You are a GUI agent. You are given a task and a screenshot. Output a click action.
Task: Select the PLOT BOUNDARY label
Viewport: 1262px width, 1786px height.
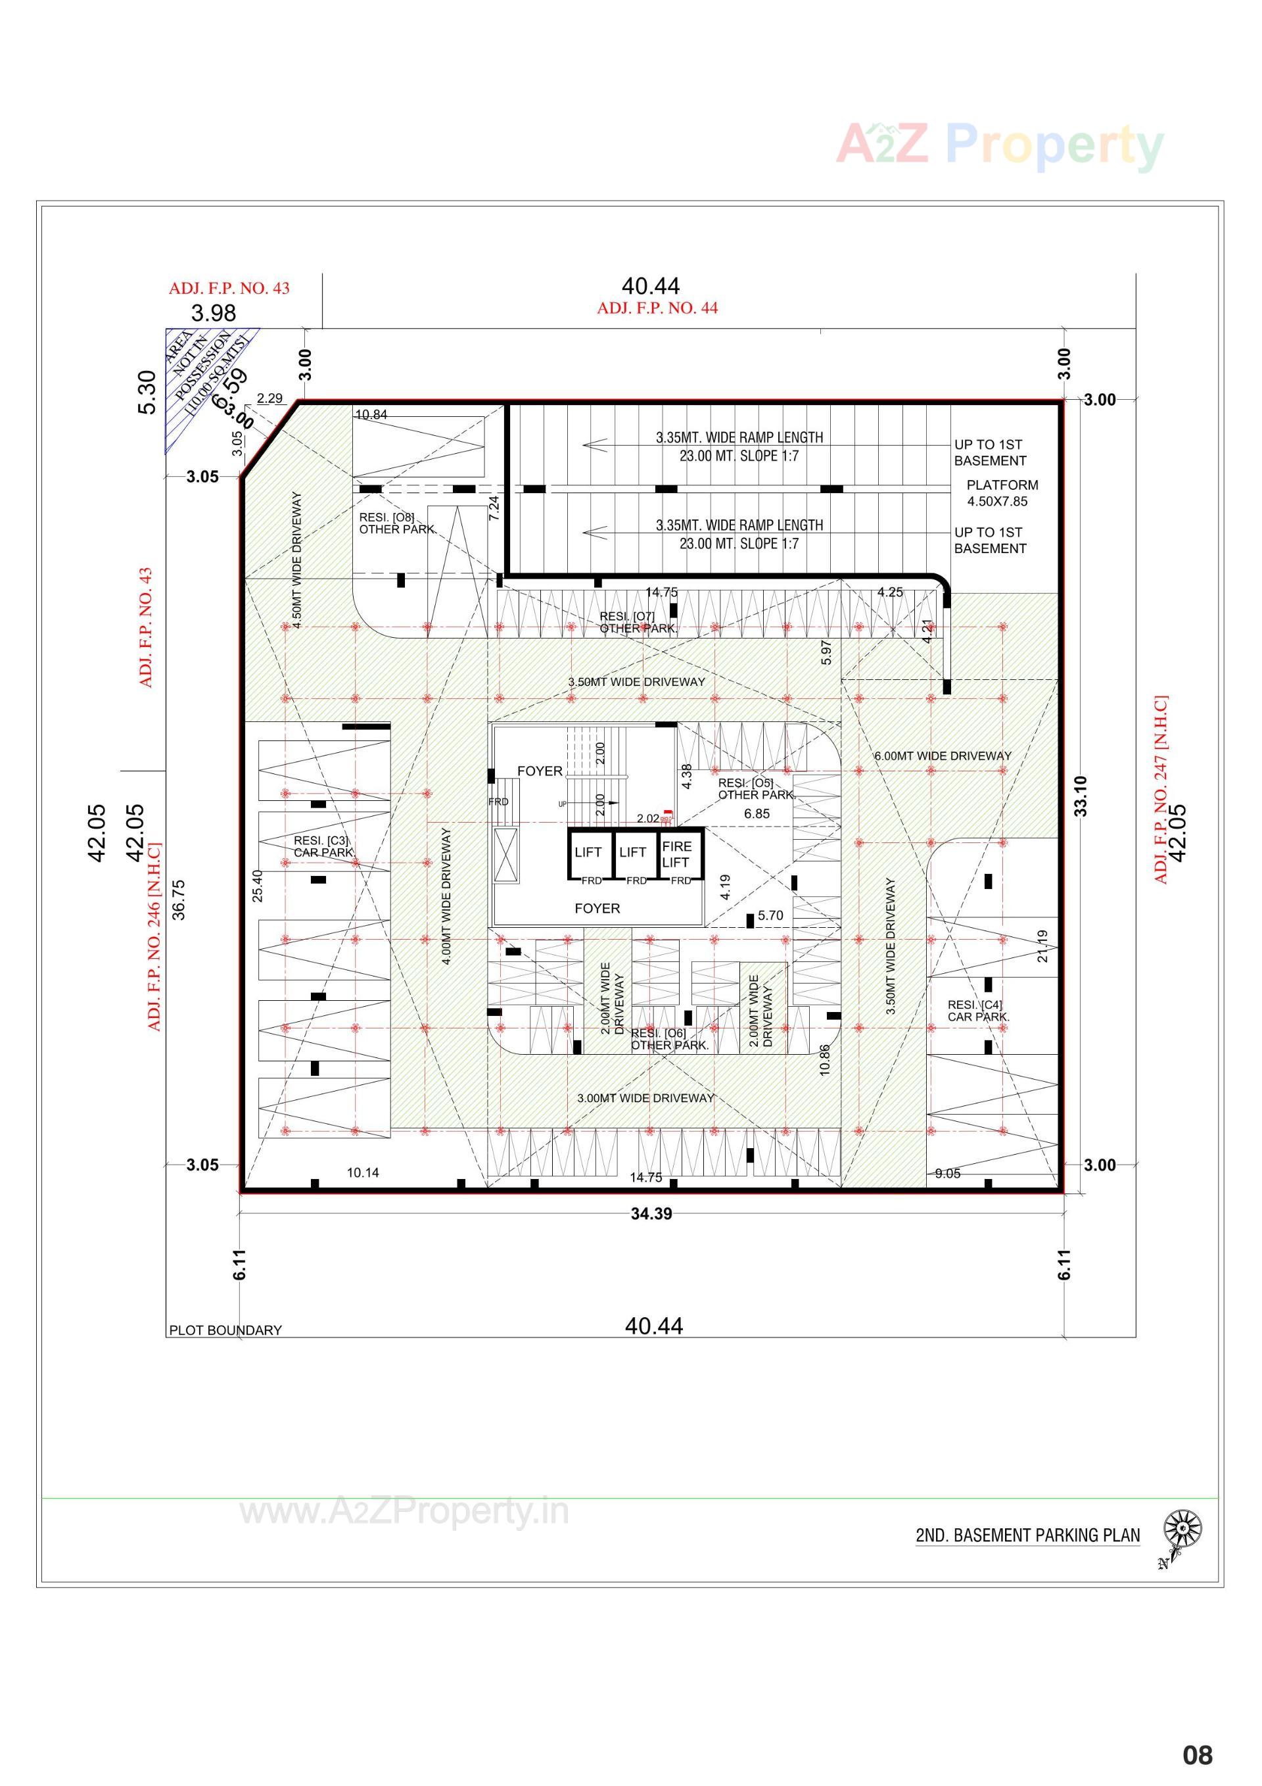coord(225,1330)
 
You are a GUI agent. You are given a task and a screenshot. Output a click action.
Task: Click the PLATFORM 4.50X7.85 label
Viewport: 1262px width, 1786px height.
coord(1002,493)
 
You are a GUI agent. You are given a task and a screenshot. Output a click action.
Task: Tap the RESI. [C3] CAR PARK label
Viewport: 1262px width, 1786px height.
coord(323,846)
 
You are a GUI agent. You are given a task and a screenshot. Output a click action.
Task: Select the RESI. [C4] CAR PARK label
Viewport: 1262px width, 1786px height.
coord(977,1011)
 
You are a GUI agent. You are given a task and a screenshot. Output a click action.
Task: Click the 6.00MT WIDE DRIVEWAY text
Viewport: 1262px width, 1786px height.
coord(943,756)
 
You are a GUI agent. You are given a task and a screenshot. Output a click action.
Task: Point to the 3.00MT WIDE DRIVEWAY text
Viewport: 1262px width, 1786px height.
coord(645,1098)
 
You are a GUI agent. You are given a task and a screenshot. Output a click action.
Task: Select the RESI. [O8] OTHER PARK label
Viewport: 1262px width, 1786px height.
coord(396,523)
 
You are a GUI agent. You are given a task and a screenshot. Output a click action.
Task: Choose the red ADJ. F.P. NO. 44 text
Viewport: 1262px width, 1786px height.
coord(657,308)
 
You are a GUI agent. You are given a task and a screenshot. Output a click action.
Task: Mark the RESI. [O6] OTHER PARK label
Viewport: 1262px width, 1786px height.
coord(668,1038)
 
